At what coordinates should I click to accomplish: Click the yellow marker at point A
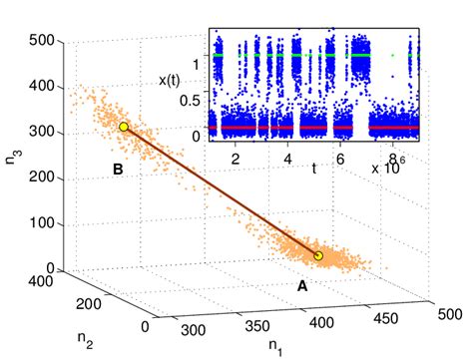coord(318,256)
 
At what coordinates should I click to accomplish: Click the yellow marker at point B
coord(124,127)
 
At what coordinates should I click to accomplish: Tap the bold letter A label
coord(300,285)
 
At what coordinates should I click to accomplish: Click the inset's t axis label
coord(313,169)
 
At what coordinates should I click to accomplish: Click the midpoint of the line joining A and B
coord(221,191)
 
